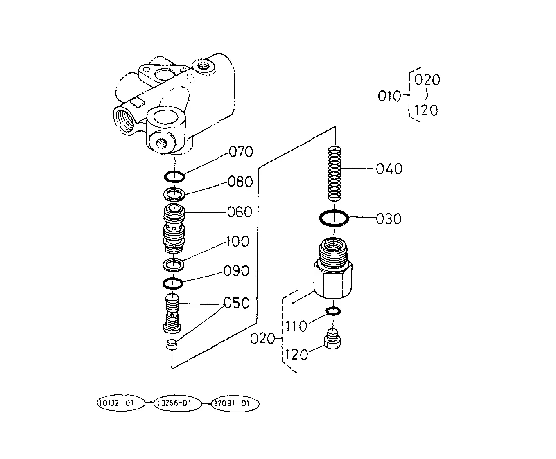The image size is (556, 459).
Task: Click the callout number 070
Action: tap(241, 152)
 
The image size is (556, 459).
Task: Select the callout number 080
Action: tap(240, 182)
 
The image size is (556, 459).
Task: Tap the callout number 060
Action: tap(240, 212)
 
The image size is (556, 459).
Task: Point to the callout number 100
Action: tap(237, 241)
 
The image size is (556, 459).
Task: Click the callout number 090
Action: tap(237, 271)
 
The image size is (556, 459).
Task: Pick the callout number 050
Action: tap(237, 303)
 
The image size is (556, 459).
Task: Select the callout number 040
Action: tap(389, 169)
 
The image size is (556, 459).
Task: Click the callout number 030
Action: tap(389, 219)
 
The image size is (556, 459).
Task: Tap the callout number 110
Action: tap(296, 326)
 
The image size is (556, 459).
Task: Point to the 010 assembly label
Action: tap(389, 96)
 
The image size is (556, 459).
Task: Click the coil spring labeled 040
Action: tap(335, 173)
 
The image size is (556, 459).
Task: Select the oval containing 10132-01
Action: tap(121, 403)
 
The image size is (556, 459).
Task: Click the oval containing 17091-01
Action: tap(235, 403)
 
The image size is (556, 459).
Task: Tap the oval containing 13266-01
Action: tap(178, 403)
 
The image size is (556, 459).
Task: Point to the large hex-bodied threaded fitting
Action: tap(333, 268)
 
